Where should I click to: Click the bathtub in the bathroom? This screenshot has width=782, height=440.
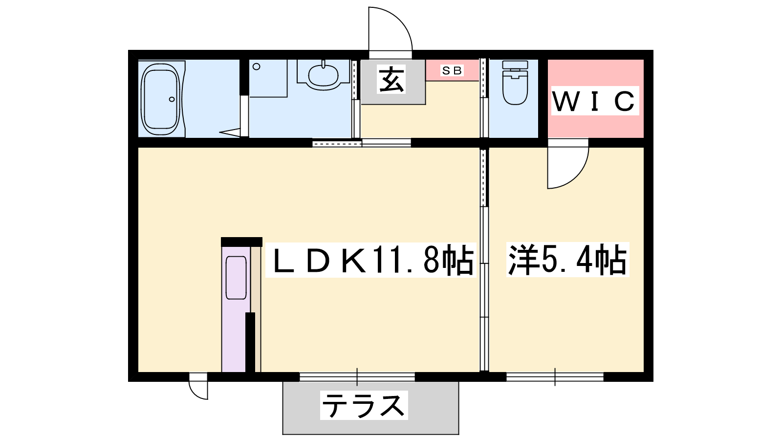(161, 99)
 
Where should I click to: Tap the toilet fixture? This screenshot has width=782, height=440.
(515, 83)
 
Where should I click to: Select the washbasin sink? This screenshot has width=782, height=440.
(323, 75)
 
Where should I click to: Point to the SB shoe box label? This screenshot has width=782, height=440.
(452, 70)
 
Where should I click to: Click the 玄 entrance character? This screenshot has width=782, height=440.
(391, 80)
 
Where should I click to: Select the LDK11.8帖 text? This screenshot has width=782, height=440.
(371, 260)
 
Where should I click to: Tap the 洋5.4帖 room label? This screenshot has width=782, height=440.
(568, 260)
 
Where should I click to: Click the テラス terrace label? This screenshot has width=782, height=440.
(364, 405)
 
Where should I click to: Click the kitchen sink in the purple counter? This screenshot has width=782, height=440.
(237, 278)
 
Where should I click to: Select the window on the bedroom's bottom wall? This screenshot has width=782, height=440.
(555, 377)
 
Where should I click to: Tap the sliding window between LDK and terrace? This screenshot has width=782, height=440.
(357, 377)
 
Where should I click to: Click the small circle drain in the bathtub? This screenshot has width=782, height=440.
(172, 99)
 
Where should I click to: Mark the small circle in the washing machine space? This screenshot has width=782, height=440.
(257, 66)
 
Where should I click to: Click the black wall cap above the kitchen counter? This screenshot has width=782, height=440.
(241, 242)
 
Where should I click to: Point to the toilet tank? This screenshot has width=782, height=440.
(515, 65)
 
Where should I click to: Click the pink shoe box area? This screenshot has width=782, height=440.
(452, 70)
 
